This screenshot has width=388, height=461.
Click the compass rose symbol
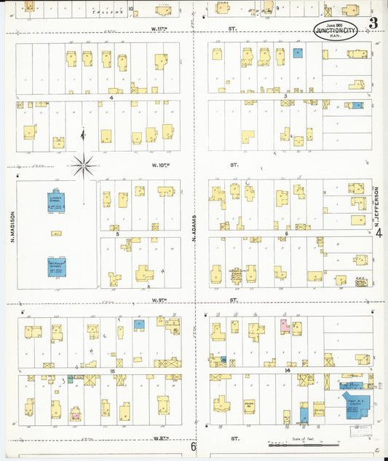[84, 166]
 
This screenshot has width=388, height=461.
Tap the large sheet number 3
[373, 23]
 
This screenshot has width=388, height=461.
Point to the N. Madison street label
[12, 233]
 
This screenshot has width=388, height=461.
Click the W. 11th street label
[159, 29]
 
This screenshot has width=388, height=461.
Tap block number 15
[113, 371]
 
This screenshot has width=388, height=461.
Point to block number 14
[288, 371]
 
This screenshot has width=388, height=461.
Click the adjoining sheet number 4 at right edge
[379, 234]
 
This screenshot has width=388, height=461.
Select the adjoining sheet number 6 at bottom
[194, 446]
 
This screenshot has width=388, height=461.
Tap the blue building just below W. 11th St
[297, 53]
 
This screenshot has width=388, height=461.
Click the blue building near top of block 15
[138, 325]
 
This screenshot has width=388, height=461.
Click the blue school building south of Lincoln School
[57, 266]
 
